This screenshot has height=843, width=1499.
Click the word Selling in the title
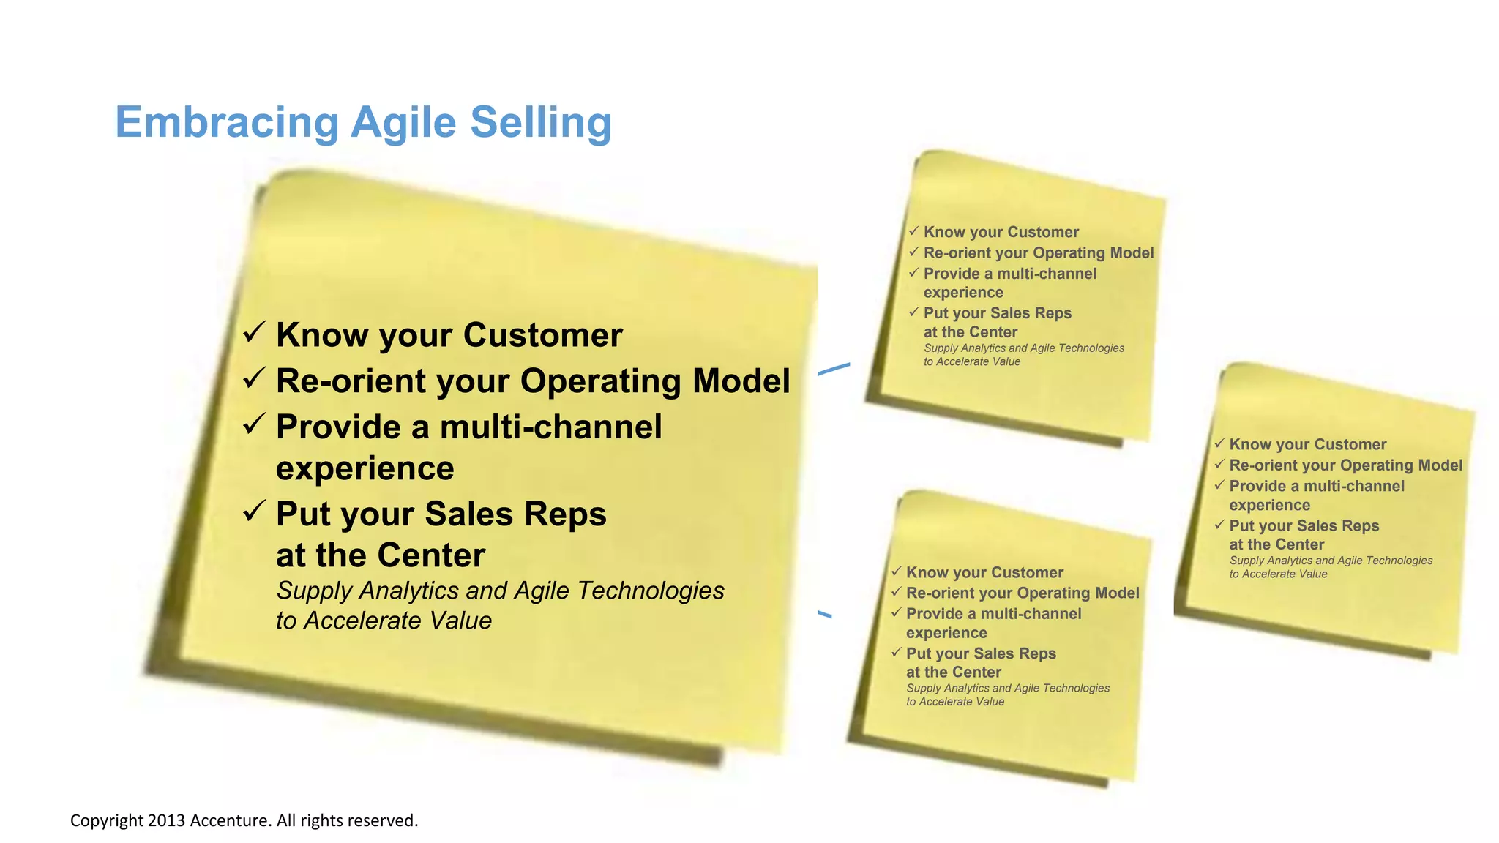pos(540,122)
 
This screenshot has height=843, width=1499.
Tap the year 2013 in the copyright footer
pos(167,820)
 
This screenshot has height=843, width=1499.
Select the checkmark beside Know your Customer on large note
pos(253,333)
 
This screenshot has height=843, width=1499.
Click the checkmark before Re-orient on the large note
pos(253,378)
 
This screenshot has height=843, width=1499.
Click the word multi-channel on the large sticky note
pos(550,427)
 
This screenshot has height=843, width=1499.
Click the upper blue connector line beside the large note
pos(834,369)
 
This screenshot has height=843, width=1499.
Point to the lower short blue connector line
pos(825,614)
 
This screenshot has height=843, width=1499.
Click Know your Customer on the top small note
pos(1001,232)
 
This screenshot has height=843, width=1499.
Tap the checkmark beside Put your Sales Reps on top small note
pos(913,312)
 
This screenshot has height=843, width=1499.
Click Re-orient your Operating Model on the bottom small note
pos(1022,593)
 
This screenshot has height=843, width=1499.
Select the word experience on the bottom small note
pos(946,633)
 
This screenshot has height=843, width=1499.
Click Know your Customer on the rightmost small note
pos(1307,444)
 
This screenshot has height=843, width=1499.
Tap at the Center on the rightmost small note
pos(1276,544)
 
